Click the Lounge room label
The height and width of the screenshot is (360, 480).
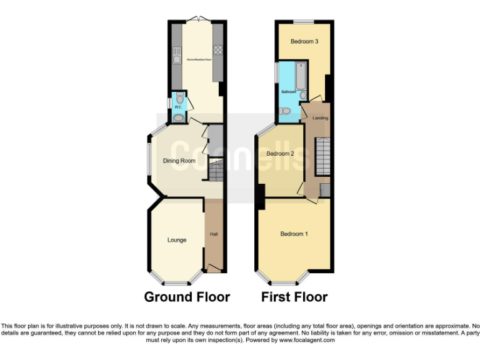pos(176,240)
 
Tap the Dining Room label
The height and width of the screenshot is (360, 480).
pos(179,161)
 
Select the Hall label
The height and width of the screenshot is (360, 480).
pos(213,234)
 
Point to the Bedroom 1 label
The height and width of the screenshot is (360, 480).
pos(294,234)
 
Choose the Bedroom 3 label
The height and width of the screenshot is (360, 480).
pos(305,42)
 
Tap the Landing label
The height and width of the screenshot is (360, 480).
pos(320,117)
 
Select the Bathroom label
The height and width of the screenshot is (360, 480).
pos(288,91)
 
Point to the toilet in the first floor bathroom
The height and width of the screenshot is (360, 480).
pos(285,111)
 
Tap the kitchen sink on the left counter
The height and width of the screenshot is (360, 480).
pos(177,53)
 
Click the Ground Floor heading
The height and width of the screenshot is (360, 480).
pos(187,297)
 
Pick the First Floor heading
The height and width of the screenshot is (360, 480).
pos(294,297)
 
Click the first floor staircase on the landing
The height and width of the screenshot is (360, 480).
pos(322,156)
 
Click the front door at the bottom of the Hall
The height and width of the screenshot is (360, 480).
pos(214,268)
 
